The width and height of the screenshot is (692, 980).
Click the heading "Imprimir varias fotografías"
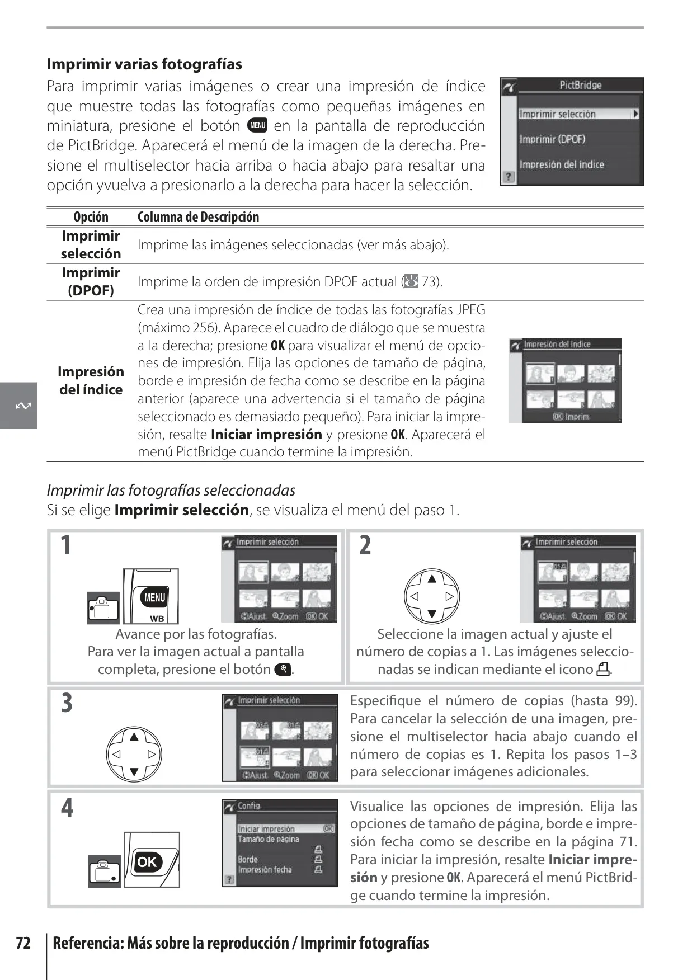144,64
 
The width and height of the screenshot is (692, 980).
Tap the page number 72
23,943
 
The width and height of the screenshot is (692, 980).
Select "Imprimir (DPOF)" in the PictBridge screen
552,139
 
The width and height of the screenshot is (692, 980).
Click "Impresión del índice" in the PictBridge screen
562,164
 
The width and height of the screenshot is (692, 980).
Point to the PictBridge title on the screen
580,85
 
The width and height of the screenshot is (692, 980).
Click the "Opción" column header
91,217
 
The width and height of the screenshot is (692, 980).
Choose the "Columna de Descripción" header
198,217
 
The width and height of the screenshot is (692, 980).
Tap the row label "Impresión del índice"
91,381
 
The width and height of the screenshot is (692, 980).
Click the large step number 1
66,545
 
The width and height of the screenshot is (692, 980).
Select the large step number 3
67,703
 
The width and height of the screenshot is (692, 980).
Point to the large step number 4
67,809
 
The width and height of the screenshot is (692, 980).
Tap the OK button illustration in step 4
147,861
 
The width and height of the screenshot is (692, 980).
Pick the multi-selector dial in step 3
134,754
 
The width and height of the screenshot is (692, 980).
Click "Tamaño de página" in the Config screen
268,839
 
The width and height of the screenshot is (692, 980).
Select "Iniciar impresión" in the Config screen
266,829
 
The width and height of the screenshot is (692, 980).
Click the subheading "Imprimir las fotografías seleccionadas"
171,491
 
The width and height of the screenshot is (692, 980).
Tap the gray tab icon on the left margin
18,406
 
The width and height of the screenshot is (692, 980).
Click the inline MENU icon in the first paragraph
257,125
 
